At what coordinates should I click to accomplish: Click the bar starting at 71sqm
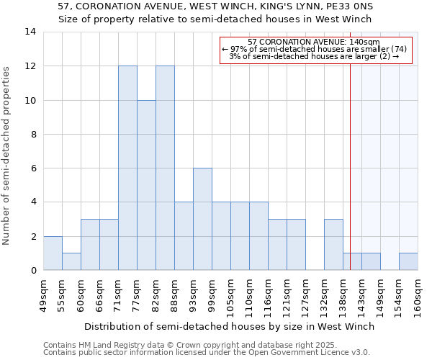[x=128, y=168]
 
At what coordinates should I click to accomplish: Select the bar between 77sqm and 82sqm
[x=147, y=185]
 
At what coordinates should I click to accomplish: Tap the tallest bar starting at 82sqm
[x=166, y=168]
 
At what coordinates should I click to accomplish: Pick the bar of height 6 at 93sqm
[x=203, y=219]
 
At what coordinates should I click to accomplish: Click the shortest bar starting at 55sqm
[x=72, y=261]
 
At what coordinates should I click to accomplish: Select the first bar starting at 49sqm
[x=53, y=253]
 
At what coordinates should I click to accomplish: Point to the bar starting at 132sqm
[x=334, y=245]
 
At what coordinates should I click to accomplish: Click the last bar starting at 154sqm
[x=409, y=261]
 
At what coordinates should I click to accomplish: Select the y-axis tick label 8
[x=33, y=134]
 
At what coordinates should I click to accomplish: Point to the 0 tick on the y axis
[x=33, y=270]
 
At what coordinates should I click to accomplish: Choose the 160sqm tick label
[x=418, y=295]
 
